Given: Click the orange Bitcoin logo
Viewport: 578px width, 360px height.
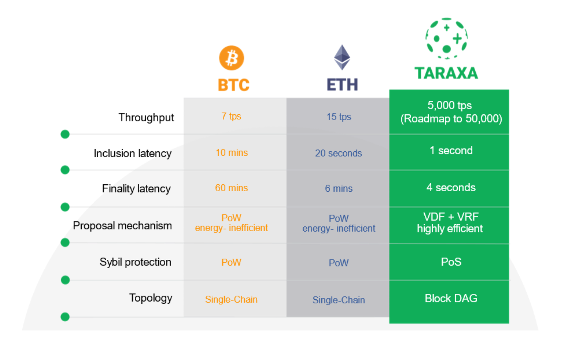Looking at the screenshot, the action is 232,58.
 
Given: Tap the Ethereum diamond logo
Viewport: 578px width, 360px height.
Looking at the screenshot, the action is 342,57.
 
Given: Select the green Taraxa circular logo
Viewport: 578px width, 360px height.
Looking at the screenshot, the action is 446,38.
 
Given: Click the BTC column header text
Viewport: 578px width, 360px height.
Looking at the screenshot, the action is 233,85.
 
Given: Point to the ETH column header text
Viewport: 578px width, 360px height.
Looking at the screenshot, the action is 342,85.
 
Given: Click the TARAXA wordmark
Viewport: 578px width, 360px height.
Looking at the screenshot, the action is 446,73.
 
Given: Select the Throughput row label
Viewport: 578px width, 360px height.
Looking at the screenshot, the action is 146,117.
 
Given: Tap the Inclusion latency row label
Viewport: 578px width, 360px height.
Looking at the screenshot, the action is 133,153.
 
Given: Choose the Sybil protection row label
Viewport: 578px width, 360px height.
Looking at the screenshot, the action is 135,262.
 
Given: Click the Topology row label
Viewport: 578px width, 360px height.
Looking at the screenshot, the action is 151,298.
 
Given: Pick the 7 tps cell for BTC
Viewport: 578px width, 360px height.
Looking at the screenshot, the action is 231,116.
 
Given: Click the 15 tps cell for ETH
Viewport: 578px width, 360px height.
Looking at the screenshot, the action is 339,117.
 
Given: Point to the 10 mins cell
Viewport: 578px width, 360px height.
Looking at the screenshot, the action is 232,153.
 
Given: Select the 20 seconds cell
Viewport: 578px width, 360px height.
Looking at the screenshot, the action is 338,153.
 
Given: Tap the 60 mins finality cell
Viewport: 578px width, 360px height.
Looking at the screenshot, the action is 232,188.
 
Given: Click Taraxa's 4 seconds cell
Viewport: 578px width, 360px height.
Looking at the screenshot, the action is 451,188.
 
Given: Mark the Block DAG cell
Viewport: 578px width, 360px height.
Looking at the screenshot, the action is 451,298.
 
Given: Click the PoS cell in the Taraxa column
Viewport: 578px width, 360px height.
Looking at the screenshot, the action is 451,262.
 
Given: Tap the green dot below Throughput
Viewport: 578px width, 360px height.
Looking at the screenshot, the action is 65,134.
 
